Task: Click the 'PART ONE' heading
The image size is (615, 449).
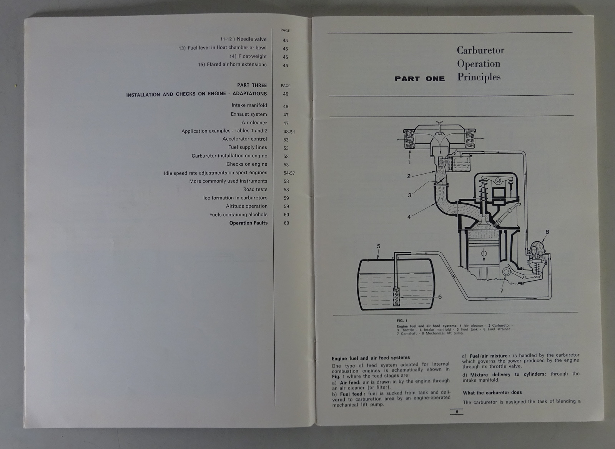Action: click(419, 78)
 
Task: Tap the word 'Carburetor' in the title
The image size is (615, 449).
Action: click(480, 50)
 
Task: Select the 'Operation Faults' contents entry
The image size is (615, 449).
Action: click(248, 223)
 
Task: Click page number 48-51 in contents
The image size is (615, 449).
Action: click(289, 132)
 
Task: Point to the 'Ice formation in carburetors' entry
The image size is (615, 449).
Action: click(235, 198)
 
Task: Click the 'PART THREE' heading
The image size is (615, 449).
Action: click(252, 85)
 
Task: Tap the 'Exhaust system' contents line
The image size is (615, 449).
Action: click(249, 114)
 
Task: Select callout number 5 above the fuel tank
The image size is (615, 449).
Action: click(379, 246)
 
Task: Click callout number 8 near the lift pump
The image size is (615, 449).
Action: click(547, 232)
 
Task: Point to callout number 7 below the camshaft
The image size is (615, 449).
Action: click(502, 291)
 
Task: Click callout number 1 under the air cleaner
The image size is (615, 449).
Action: click(409, 162)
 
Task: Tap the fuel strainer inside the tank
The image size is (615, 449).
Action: click(396, 297)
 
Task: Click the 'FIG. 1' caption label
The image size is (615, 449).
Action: click(402, 321)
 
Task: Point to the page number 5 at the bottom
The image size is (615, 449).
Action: click(457, 412)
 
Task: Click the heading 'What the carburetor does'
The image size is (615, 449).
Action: click(492, 393)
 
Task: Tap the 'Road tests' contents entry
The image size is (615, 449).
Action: click(255, 190)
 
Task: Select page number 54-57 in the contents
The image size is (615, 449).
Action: click(289, 173)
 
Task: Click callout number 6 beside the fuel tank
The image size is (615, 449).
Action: click(440, 297)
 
